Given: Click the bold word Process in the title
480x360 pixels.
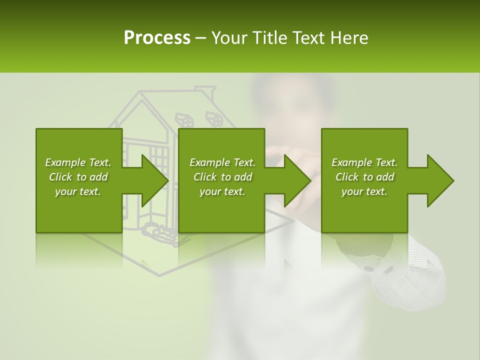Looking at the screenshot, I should pos(157,37).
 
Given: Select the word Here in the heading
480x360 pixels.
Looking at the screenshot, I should pos(349,37).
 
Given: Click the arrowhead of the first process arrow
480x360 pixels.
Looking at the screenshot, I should pos(155,180).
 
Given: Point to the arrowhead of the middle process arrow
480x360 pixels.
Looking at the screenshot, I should pos(298,180).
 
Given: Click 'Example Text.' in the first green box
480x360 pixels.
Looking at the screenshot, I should pos(78,162).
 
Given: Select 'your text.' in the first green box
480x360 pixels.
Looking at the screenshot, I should pos(78,191).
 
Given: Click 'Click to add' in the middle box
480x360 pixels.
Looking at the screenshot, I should pos(222,177).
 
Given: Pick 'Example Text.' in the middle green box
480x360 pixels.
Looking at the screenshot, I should pos(222,162).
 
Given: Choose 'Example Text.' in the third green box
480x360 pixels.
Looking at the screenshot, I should pos(364,162).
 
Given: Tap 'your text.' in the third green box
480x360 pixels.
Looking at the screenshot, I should pos(364,191).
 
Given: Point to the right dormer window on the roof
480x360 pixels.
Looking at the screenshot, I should pos(214,118).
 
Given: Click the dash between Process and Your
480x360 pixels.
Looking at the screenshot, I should pos(201,38).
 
